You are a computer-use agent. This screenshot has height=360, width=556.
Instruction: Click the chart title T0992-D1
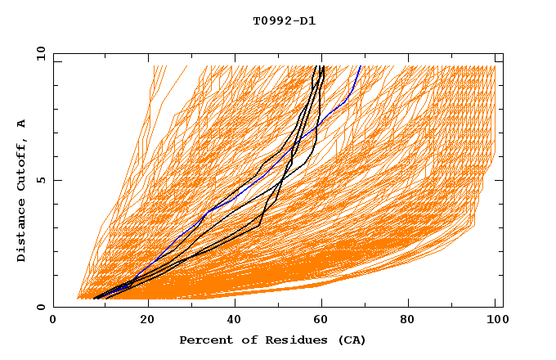point(284,21)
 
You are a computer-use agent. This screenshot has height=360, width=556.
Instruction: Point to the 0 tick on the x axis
point(54,321)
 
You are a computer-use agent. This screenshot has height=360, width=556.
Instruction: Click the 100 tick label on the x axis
point(495,321)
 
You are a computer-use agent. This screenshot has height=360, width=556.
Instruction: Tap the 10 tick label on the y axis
point(40,54)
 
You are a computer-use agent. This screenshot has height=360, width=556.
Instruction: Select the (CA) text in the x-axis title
point(350,340)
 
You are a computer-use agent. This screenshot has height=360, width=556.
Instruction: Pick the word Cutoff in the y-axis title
point(22,163)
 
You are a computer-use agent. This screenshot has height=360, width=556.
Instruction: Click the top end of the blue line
point(361,66)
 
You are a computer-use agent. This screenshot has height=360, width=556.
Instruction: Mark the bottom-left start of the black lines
point(96,299)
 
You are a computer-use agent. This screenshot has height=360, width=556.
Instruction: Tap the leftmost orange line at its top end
point(154,66)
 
